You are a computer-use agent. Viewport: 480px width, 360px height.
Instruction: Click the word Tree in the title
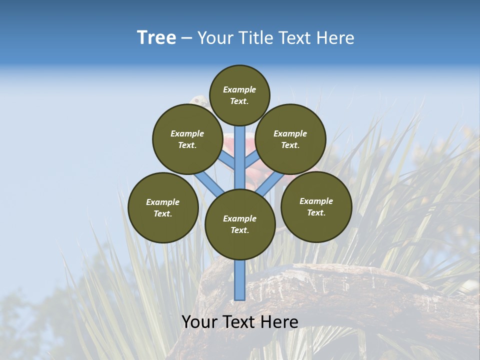coord(156,37)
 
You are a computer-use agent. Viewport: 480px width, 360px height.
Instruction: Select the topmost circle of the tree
coord(239,95)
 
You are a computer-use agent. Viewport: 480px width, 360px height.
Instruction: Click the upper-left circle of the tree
coord(187,139)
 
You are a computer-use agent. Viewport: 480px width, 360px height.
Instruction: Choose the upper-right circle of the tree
coord(290,139)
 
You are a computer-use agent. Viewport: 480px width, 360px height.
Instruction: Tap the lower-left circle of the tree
coord(163,207)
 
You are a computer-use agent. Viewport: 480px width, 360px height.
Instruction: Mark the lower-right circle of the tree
coord(316,206)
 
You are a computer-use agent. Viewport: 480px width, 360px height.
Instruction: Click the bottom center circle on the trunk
coord(240,224)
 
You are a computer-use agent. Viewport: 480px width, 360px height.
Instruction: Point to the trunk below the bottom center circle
coord(240,280)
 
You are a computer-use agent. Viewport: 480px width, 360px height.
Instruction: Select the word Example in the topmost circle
coord(239,89)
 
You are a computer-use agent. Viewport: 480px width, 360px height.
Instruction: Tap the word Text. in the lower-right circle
coord(316,212)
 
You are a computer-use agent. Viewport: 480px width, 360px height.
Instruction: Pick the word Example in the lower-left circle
coord(163,202)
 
